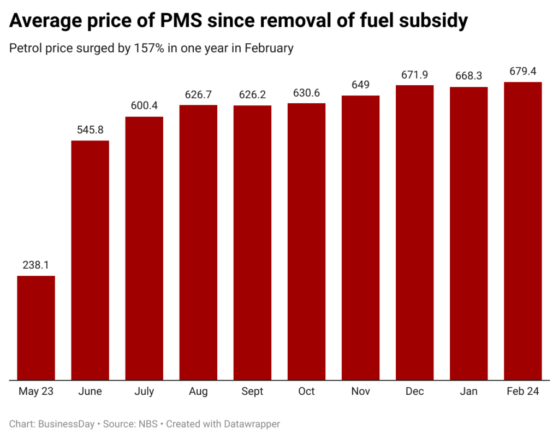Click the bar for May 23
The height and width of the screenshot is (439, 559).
pyautogui.click(x=36, y=328)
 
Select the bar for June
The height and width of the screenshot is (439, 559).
pyautogui.click(x=90, y=260)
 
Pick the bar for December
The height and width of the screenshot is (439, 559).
pyautogui.click(x=414, y=232)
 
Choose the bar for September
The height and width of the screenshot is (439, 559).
pyautogui.click(x=252, y=242)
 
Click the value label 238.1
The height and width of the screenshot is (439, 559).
pyautogui.click(x=36, y=265)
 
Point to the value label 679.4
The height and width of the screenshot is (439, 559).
pyautogui.click(x=522, y=71)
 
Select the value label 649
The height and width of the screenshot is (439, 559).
pyautogui.click(x=360, y=85)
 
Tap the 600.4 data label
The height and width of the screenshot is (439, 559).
pyautogui.click(x=144, y=106)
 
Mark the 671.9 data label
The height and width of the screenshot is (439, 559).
pyautogui.click(x=414, y=74)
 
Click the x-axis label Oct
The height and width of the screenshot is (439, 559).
pyautogui.click(x=306, y=391)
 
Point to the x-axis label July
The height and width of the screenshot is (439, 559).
pyautogui.click(x=144, y=391)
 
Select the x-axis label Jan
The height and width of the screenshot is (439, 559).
pyautogui.click(x=468, y=391)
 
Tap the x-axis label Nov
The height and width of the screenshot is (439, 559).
pyautogui.click(x=360, y=391)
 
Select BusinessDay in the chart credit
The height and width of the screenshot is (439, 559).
pyautogui.click(x=64, y=423)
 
